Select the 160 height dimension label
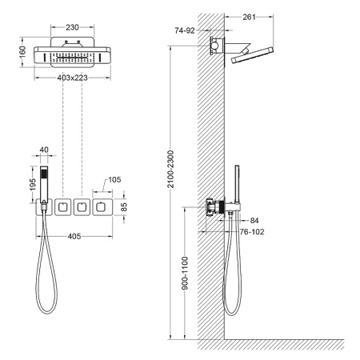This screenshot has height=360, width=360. pyautogui.click(x=23, y=52)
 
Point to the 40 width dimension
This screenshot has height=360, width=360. pyautogui.click(x=44, y=148)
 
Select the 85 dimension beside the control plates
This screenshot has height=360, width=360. pyautogui.click(x=124, y=206)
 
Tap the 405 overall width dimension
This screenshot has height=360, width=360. pyautogui.click(x=74, y=236)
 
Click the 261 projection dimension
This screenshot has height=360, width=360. pyautogui.click(x=247, y=17)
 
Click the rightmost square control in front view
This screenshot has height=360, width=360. pyautogui.click(x=102, y=208)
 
